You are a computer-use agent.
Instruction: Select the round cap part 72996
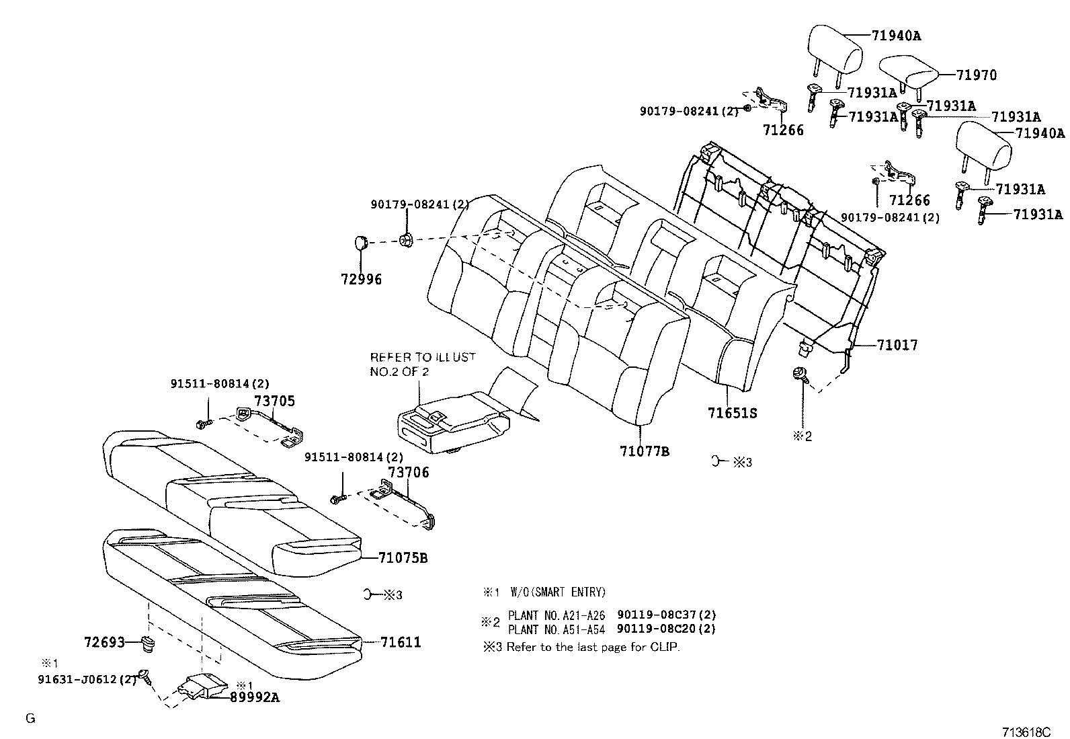coord(362,242)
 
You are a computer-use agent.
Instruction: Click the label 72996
coord(360,278)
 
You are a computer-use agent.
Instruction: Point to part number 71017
coord(897,345)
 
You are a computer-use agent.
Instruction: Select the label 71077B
coord(645,451)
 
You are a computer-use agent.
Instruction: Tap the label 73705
coord(274,401)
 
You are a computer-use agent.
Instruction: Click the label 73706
coord(408,473)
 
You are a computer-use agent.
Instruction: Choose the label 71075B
coord(403,557)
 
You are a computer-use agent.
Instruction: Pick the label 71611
coord(401,642)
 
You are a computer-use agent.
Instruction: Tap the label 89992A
coord(255,697)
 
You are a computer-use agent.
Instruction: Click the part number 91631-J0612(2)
coord(87,679)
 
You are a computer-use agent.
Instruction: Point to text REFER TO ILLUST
coord(422,357)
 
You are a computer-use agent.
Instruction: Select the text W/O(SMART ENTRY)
coord(557,592)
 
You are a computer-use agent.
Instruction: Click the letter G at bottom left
coord(30,718)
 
